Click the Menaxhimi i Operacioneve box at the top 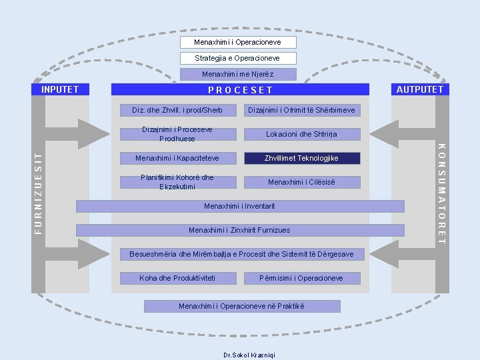(237, 42)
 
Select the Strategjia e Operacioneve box (237, 58)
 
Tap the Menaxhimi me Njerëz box (237, 74)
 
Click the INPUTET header (60, 89)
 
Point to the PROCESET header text (240, 90)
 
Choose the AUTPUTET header (419, 89)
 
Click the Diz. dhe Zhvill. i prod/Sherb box (177, 110)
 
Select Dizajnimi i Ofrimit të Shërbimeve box (301, 110)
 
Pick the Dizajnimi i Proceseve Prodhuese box (177, 134)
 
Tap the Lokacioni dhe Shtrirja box (301, 134)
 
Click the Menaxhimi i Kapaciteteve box (177, 158)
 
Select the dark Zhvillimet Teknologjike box (301, 158)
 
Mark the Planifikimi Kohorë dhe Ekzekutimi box (177, 182)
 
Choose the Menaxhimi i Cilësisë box (301, 182)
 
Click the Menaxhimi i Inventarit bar (239, 206)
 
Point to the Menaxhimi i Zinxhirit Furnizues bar (239, 230)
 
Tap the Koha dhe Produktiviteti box (177, 278)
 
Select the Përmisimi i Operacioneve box (301, 278)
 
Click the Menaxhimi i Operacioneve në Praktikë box (241, 306)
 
